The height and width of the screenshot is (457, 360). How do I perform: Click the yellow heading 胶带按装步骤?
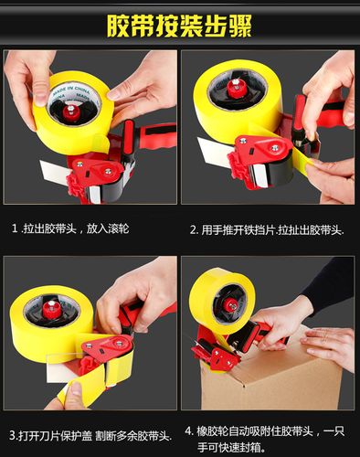click(179, 26)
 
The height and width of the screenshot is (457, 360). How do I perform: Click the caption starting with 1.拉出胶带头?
click(70, 228)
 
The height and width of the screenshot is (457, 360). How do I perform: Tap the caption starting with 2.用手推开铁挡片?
click(267, 229)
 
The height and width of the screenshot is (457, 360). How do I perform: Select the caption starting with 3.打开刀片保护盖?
click(90, 435)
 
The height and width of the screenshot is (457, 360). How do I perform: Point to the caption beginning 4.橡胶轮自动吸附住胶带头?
click(264, 439)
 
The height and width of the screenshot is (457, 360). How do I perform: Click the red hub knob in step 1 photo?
click(71, 112)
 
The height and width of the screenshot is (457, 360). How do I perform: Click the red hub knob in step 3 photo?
click(51, 308)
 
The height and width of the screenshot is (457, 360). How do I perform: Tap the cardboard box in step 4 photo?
click(271, 377)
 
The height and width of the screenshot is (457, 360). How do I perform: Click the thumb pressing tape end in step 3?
click(73, 393)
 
